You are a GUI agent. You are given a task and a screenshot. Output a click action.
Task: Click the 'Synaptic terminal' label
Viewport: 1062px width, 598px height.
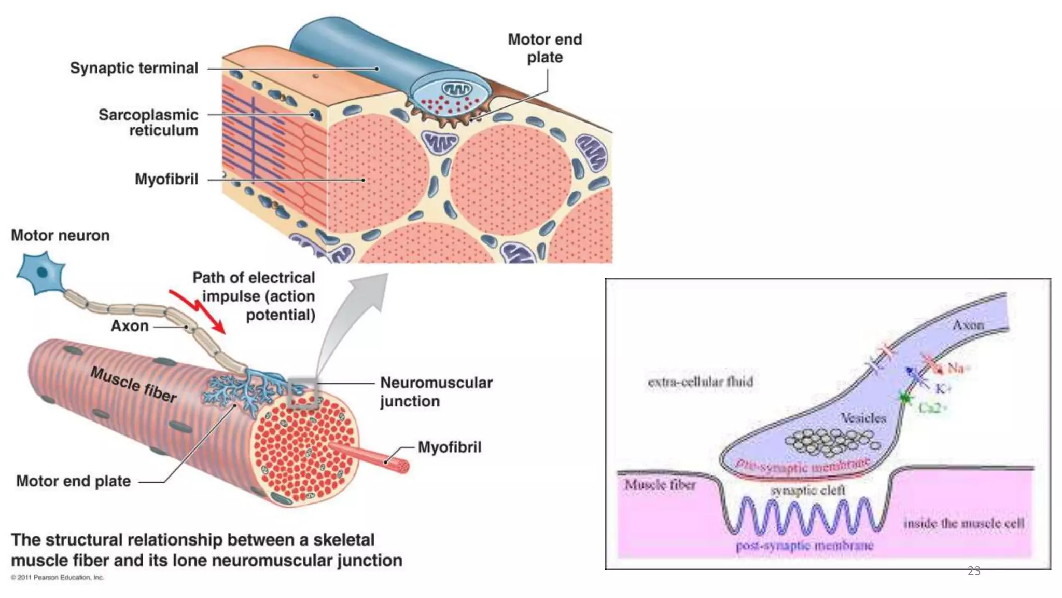[x=134, y=68]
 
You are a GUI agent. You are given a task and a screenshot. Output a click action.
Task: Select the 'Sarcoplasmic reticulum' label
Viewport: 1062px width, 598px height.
[x=148, y=123]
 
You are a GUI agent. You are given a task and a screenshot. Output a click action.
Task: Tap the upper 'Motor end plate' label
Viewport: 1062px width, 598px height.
[x=544, y=48]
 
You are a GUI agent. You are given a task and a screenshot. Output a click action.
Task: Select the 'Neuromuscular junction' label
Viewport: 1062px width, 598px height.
[x=436, y=392]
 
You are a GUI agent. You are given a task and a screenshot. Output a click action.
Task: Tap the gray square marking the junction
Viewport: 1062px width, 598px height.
[x=302, y=394]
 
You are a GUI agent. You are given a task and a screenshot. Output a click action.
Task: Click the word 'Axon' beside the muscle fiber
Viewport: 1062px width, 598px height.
[x=130, y=326]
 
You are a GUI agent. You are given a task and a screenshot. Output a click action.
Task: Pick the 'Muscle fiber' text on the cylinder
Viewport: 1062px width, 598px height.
[x=134, y=385]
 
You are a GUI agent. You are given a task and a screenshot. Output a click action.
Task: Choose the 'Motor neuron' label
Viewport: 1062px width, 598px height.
[x=60, y=236]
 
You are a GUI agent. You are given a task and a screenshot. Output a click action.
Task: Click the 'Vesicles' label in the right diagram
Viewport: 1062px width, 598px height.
[x=863, y=418]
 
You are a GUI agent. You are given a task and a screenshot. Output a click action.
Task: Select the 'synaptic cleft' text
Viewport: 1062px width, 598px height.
[x=808, y=491]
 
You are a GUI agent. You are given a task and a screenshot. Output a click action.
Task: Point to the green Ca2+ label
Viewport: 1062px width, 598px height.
[x=932, y=408]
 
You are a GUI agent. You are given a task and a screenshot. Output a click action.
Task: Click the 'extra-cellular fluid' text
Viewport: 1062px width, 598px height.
[x=700, y=382]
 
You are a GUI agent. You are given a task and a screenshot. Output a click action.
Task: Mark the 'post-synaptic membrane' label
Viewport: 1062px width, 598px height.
[x=804, y=546]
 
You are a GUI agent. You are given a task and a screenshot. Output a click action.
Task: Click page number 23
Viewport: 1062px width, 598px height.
[x=974, y=571]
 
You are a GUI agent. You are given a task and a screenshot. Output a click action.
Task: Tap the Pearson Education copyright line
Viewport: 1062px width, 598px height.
[x=58, y=577]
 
